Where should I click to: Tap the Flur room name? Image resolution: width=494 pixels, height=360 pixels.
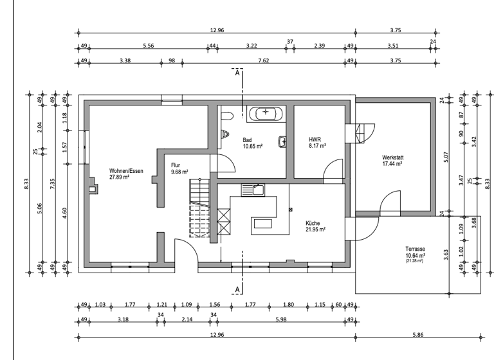pos(176,165)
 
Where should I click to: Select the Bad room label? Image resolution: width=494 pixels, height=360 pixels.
pos(247,139)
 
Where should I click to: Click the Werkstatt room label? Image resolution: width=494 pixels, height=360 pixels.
pos(392,157)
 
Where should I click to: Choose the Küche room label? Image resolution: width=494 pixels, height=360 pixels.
pos(313,222)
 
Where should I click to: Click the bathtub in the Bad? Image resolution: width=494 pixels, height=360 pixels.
pos(265,113)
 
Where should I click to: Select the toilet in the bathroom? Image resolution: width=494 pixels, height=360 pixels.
pos(225,116)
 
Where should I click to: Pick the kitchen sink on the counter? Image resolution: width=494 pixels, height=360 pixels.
pos(253,189)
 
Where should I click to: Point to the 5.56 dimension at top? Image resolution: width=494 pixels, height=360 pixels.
pos(149,45)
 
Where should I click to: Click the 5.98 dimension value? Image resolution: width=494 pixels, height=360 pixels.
pos(282,319)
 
